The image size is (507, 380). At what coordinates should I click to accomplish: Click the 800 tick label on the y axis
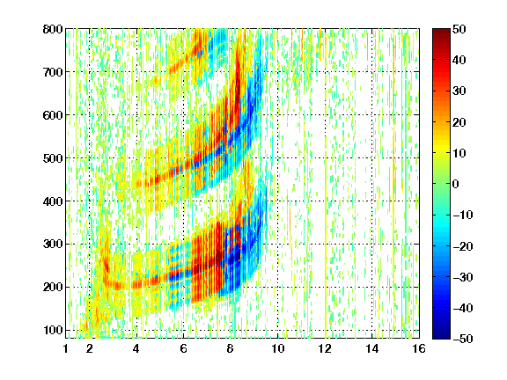(x=53, y=29)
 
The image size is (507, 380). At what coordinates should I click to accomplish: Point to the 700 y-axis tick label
(x=53, y=72)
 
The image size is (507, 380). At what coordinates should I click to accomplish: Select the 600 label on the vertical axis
(x=53, y=115)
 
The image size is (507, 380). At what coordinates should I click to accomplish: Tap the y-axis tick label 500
(x=53, y=158)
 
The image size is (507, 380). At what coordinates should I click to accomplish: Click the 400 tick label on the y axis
(x=53, y=201)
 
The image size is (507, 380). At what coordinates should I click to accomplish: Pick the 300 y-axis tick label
(x=53, y=245)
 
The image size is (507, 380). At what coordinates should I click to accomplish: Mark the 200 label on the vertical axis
(x=53, y=288)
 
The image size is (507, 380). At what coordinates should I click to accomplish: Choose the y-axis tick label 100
(x=53, y=330)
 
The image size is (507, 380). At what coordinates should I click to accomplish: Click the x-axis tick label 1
(x=66, y=348)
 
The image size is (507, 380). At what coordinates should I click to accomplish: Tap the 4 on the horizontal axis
(x=136, y=348)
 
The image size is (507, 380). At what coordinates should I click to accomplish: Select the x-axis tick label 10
(x=278, y=348)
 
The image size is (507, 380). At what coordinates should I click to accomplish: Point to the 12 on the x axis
(x=325, y=348)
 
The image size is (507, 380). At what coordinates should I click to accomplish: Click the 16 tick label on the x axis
(x=419, y=348)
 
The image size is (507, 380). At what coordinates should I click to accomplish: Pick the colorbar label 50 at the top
(x=459, y=29)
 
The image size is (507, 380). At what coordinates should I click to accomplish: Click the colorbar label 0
(x=456, y=184)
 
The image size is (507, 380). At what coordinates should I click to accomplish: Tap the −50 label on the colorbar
(x=463, y=339)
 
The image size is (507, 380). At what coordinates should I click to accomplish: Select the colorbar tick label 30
(x=459, y=91)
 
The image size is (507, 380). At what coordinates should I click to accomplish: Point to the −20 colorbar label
(x=463, y=246)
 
